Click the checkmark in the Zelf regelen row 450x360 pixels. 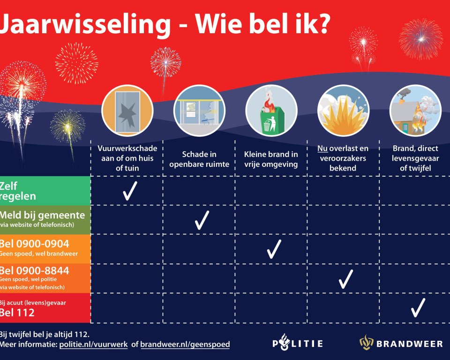tap(130, 191)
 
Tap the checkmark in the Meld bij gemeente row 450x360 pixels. tap(202, 220)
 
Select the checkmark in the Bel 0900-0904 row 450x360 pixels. tap(274, 249)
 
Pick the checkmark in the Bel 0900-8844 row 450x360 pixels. tap(346, 279)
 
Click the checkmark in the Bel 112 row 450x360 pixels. tap(418, 307)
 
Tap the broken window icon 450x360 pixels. tap(127, 111)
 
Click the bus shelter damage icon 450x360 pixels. tap(200, 111)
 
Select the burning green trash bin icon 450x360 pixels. tap(271, 111)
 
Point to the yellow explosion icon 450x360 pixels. tap(343, 111)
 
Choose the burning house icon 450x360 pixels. tap(415, 111)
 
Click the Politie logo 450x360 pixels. tap(298, 343)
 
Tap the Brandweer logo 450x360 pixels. tap(401, 343)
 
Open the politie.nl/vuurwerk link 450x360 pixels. tap(94, 344)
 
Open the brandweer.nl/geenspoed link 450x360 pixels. tap(185, 344)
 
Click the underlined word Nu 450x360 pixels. tap(322, 149)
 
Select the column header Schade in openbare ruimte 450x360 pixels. tap(199, 159)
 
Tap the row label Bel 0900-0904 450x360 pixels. tap(34, 244)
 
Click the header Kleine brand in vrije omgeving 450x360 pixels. tap(271, 159)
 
